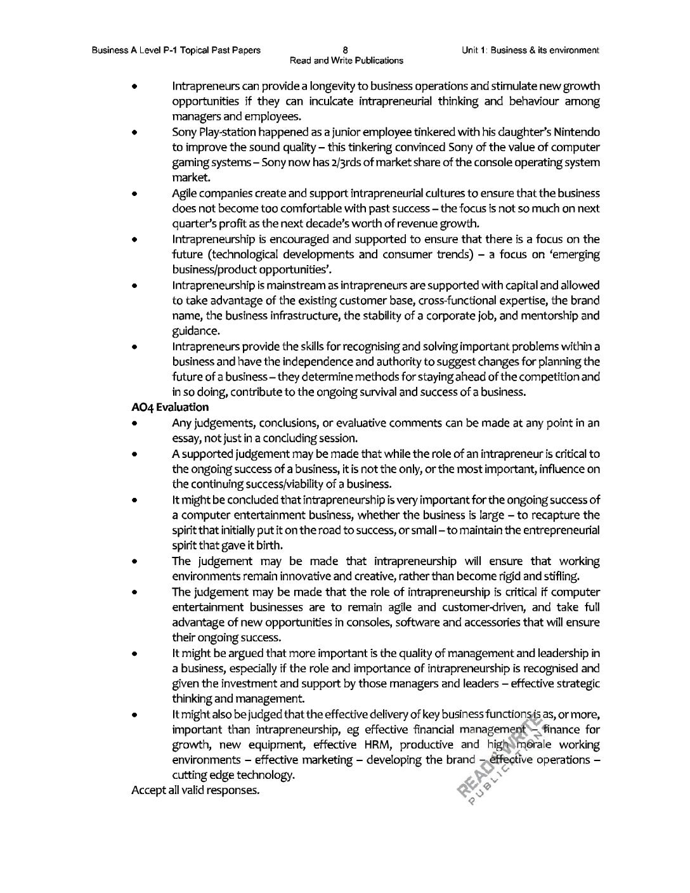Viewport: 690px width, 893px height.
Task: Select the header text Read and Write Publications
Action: click(x=346, y=60)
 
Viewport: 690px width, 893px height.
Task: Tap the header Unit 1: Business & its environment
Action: click(x=531, y=49)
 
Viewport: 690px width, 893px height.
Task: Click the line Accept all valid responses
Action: click(x=195, y=791)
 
